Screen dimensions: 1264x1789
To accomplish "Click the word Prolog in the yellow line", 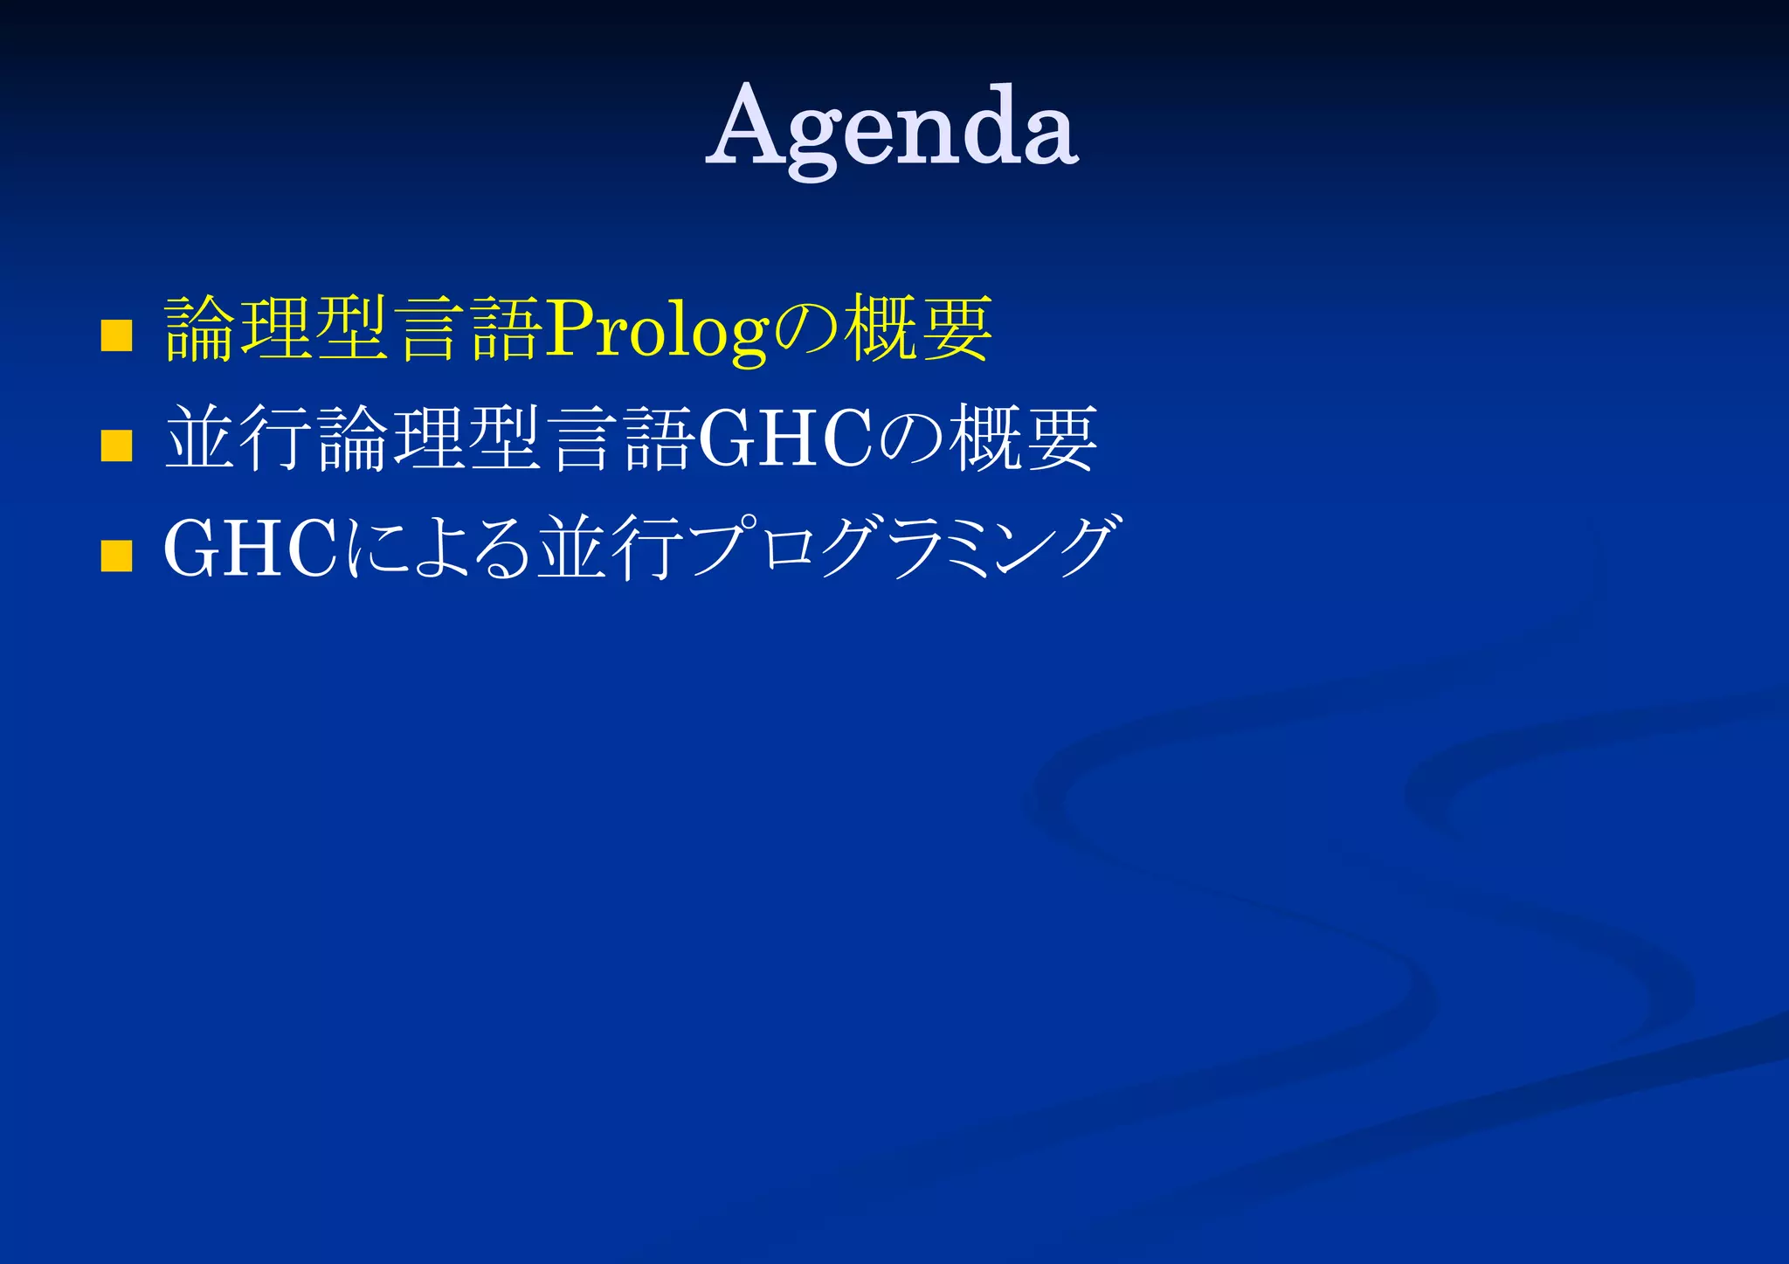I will point(656,330).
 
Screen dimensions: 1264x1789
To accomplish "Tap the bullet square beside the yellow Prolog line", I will point(116,335).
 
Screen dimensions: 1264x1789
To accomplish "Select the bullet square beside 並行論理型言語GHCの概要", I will point(116,445).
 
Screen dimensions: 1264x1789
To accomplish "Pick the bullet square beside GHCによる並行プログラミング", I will point(116,556).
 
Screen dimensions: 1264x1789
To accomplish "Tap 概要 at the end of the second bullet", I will point(1023,439).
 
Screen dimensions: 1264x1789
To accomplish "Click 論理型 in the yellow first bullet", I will point(276,329).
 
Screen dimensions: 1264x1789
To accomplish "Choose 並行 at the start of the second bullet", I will point(238,439).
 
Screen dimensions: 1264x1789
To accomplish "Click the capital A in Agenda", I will point(750,128).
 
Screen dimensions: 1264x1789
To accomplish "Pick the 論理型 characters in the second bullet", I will point(429,439).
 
